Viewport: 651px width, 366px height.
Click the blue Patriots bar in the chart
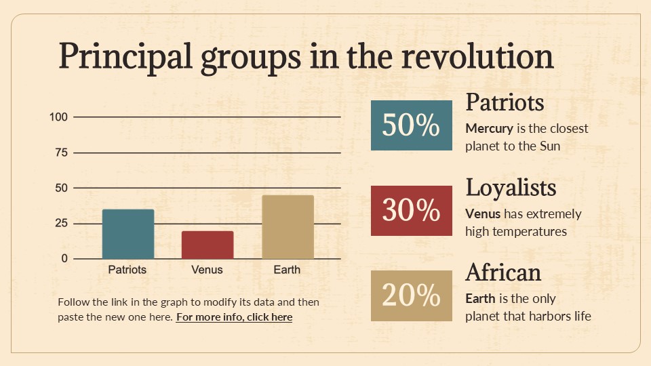click(128, 234)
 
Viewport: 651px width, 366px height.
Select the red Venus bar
click(208, 245)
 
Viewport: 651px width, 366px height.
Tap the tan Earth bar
click(288, 227)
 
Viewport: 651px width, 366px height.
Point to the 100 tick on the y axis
click(59, 117)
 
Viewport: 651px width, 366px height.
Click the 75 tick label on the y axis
click(61, 152)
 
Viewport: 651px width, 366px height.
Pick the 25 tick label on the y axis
click(61, 223)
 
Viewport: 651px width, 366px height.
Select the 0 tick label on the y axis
click(64, 258)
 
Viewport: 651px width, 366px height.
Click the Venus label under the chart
click(207, 270)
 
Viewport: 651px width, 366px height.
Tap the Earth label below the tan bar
click(287, 270)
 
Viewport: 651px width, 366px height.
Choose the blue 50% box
click(411, 125)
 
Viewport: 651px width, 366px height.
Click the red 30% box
click(411, 211)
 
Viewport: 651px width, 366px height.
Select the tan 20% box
click(411, 296)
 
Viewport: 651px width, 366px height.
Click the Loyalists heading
click(511, 187)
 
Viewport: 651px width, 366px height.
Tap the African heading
click(503, 272)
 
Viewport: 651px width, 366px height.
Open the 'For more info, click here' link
click(234, 317)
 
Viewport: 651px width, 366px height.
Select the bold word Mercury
click(489, 128)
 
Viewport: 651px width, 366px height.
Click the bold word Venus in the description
click(483, 213)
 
